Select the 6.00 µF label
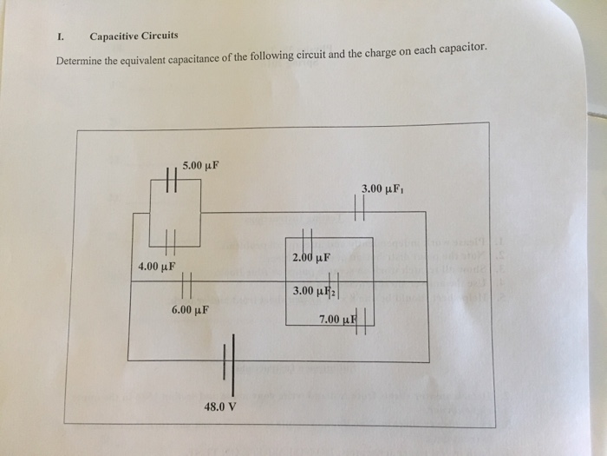coord(190,308)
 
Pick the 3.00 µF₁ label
coord(383,188)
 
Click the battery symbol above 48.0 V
coord(228,360)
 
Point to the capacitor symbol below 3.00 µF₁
coord(361,208)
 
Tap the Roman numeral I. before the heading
coord(60,36)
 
